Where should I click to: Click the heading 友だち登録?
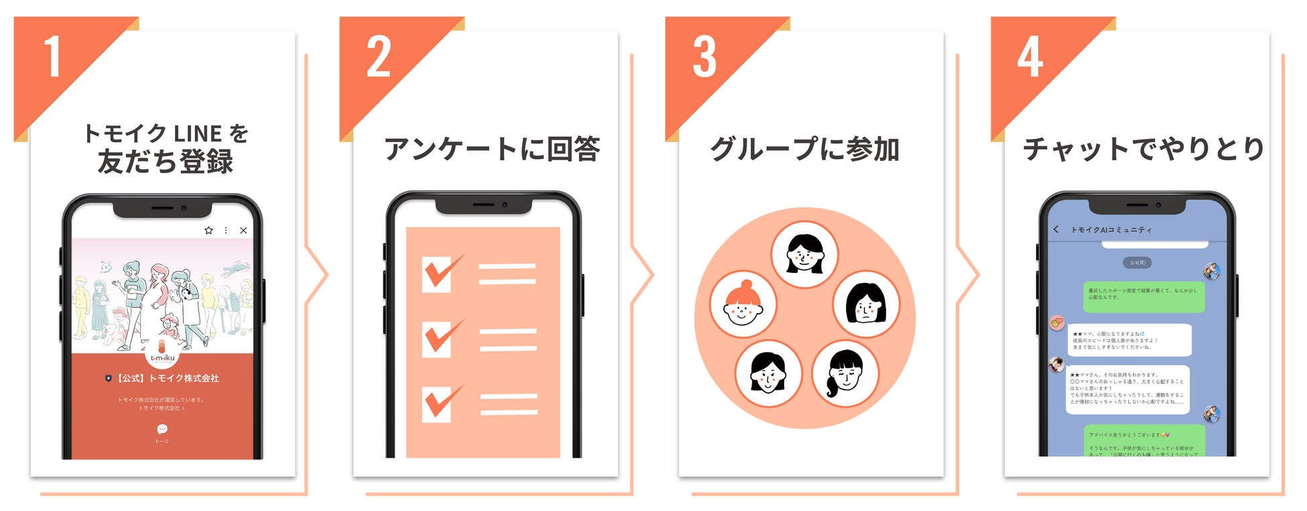(165, 162)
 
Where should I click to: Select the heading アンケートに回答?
(492, 149)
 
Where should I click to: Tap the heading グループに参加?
(804, 149)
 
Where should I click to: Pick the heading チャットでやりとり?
(1143, 149)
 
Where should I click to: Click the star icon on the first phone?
(208, 230)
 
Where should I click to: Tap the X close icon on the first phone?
(243, 230)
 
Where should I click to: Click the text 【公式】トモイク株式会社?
(168, 378)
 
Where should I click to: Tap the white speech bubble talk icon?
(162, 429)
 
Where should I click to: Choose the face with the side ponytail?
(845, 374)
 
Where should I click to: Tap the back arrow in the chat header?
(1056, 229)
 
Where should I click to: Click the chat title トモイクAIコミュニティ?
(1111, 230)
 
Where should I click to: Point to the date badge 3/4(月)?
(1137, 262)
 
